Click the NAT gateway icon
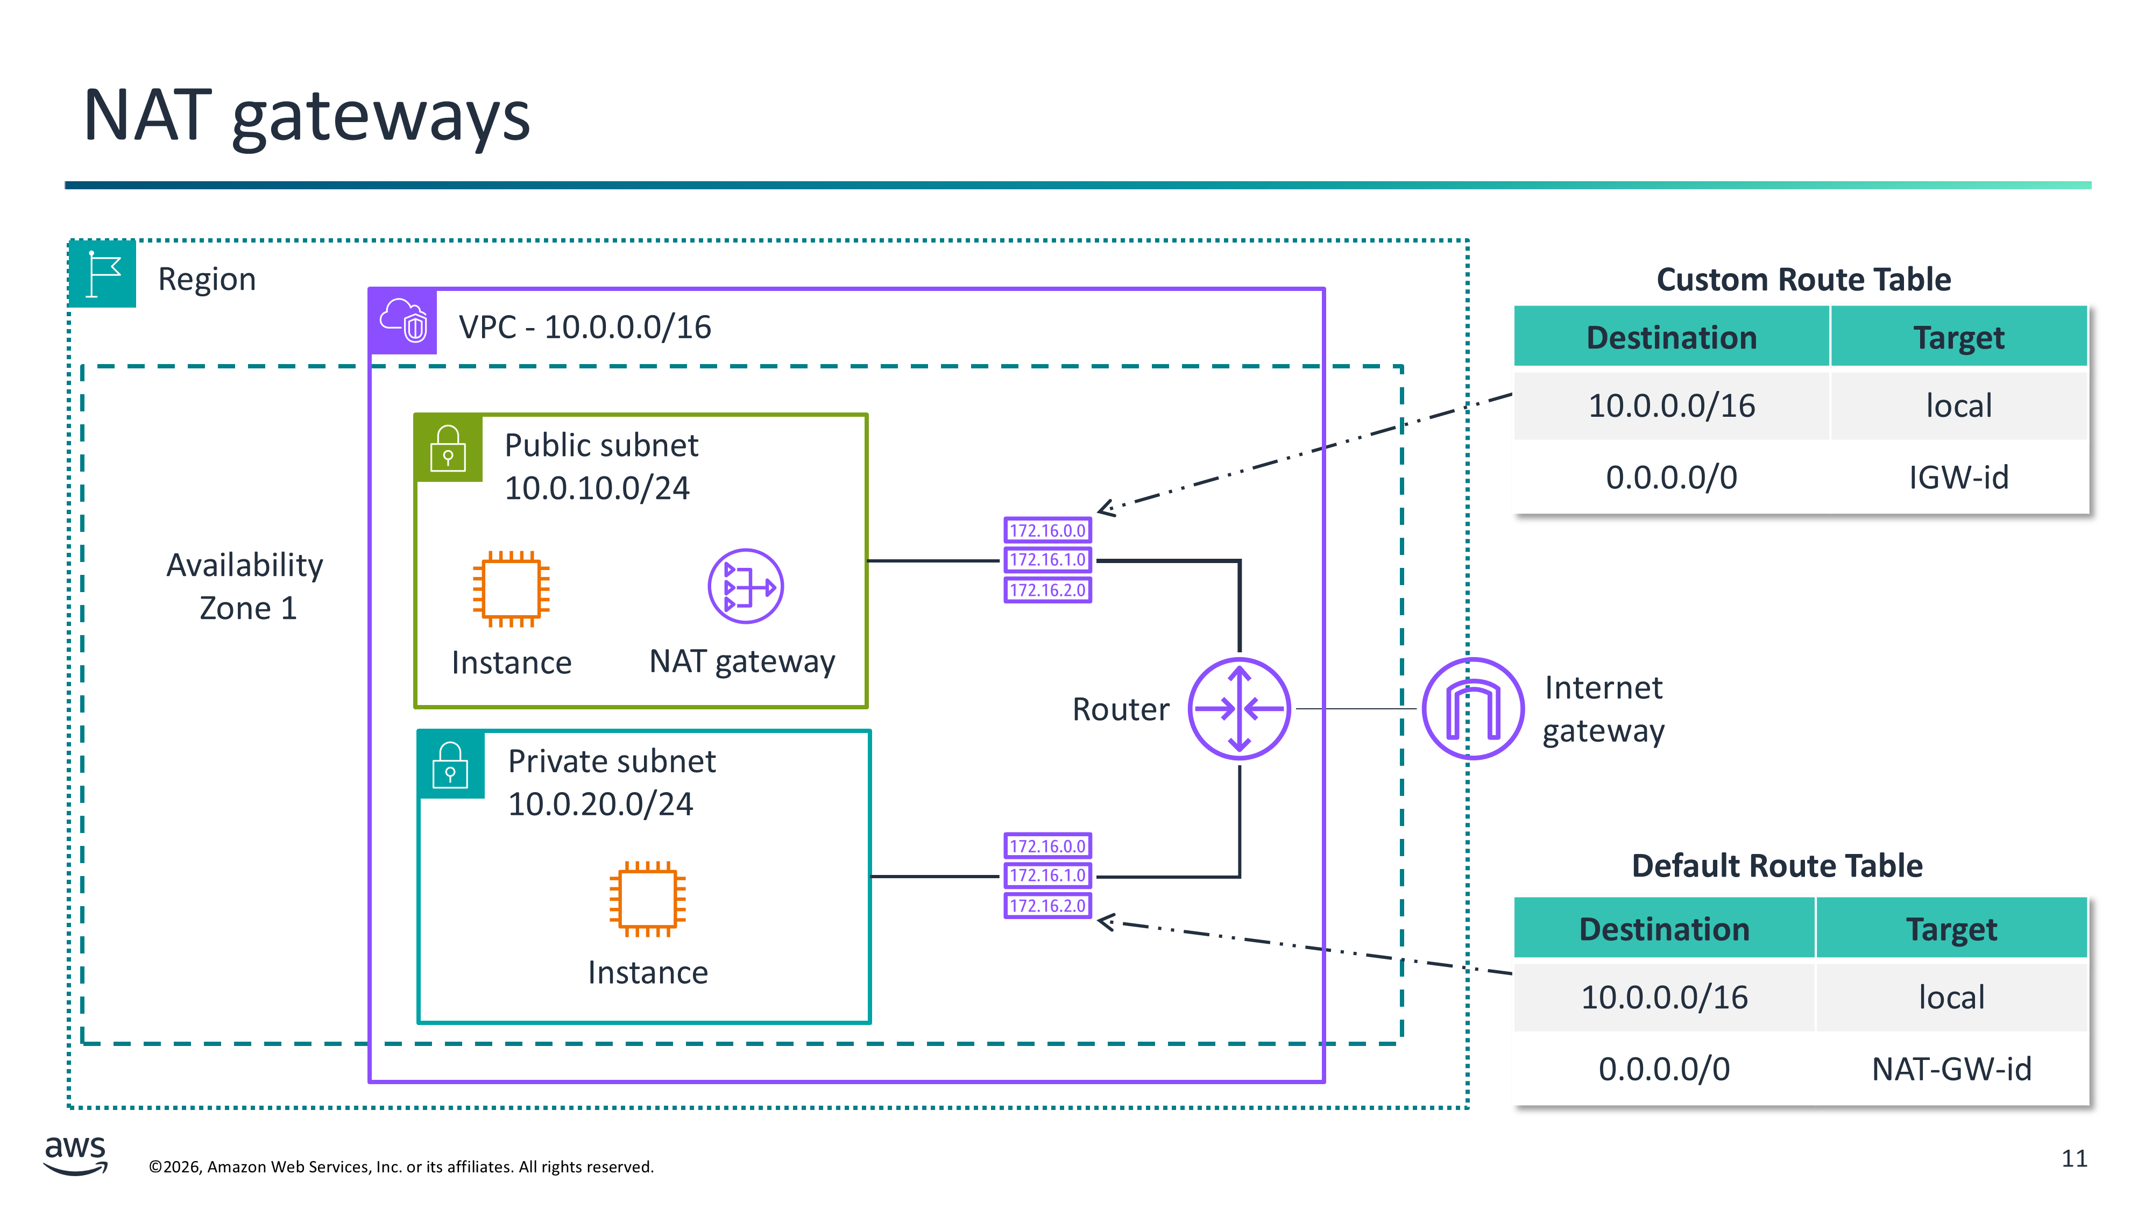tap(745, 586)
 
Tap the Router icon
tap(1239, 709)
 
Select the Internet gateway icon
tap(1473, 709)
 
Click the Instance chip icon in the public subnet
tap(511, 589)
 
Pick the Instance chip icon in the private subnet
tap(647, 899)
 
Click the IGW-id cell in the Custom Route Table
tap(1958, 478)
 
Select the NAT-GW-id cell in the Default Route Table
tap(1951, 1069)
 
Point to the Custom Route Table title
tap(1803, 280)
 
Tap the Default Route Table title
tap(1777, 866)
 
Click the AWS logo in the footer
tap(75, 1155)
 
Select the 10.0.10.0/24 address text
tap(597, 488)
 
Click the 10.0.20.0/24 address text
tap(600, 804)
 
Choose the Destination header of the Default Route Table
tap(1664, 929)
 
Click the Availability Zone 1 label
tap(245, 586)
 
